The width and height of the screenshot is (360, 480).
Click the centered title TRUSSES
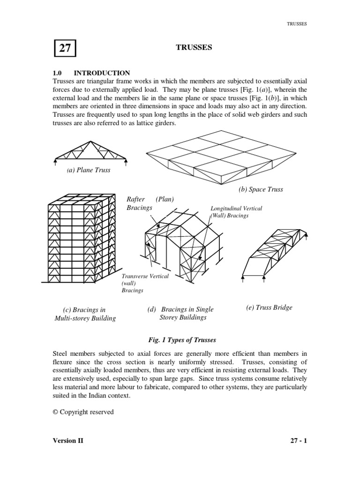pos(193,47)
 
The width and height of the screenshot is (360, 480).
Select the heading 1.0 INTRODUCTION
pos(91,73)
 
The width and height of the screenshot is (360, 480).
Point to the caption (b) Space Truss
pos(261,189)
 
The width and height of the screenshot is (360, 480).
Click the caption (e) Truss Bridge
pos(269,307)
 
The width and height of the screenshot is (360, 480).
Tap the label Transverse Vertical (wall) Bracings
pos(145,283)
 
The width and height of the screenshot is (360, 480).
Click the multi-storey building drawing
pos(80,239)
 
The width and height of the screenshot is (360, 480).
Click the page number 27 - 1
pos(298,441)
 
